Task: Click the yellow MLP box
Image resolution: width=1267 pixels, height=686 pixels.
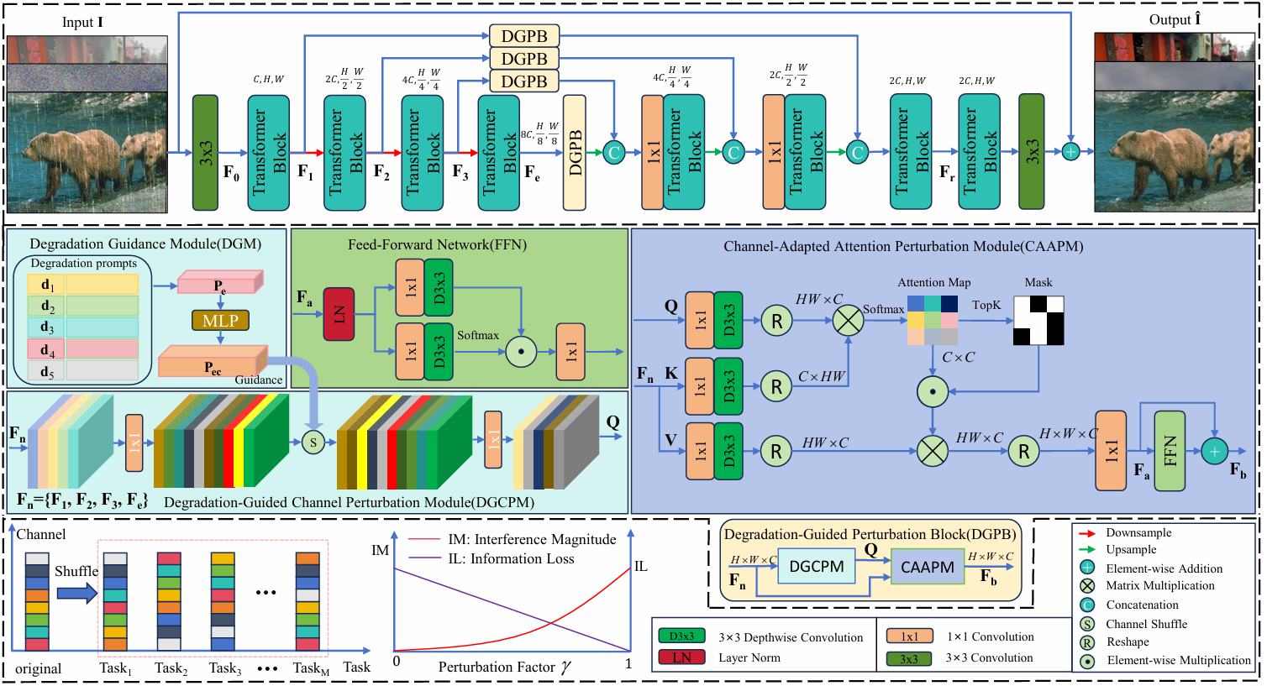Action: (x=220, y=321)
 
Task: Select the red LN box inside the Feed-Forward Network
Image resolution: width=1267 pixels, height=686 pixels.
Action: (x=339, y=314)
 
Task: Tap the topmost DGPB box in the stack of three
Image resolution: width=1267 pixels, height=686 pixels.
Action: (x=524, y=36)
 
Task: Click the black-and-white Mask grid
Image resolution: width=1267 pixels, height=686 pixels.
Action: (x=1038, y=320)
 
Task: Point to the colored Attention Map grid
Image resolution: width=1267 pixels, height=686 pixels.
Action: (x=933, y=320)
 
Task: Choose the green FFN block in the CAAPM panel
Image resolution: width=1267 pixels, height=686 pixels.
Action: (x=1170, y=451)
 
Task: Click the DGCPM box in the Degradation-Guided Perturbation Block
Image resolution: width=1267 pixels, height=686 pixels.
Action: (x=817, y=567)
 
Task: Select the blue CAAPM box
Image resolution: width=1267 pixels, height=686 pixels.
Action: (x=927, y=567)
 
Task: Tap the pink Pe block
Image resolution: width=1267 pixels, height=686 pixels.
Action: (x=220, y=283)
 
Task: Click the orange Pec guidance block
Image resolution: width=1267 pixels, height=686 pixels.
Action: (x=213, y=365)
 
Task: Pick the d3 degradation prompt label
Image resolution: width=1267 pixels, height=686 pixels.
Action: (x=47, y=327)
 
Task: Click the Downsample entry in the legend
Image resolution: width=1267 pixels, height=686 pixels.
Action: (x=1138, y=533)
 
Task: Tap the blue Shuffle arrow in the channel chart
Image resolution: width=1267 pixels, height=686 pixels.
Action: (x=77, y=594)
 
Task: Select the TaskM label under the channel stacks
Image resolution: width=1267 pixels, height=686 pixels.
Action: (x=311, y=668)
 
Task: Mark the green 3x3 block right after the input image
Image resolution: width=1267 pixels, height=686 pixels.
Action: (x=205, y=152)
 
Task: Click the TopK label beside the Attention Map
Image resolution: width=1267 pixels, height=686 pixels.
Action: (x=986, y=305)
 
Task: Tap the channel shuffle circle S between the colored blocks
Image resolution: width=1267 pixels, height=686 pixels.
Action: (x=313, y=442)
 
